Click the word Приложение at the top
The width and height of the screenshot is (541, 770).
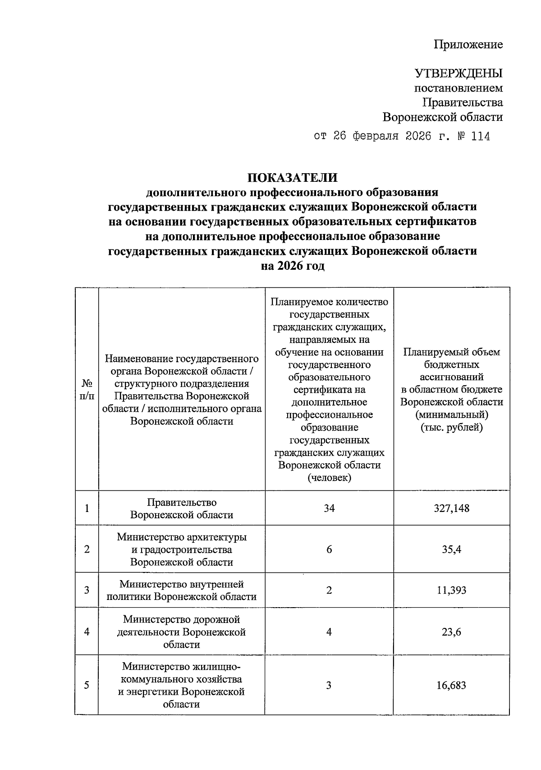point(468,45)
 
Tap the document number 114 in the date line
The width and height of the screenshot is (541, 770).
point(480,136)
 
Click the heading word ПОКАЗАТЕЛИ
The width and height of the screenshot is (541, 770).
point(292,177)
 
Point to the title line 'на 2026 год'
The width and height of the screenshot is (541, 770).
point(292,266)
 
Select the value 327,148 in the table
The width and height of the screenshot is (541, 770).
point(451,508)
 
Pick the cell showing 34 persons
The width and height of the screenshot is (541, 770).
point(329,508)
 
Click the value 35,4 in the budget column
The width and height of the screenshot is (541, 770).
point(451,549)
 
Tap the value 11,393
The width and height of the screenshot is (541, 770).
point(451,590)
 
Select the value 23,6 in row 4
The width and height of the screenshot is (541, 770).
point(451,632)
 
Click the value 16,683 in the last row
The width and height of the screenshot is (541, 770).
point(451,685)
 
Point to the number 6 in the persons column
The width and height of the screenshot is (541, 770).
point(329,549)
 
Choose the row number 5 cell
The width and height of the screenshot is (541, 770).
point(87,685)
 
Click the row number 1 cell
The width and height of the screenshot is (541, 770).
point(87,508)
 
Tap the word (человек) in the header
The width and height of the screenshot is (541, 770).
point(329,478)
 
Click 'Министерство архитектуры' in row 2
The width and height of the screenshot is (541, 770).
point(182,537)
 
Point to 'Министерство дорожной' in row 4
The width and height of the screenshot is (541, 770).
point(182,620)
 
